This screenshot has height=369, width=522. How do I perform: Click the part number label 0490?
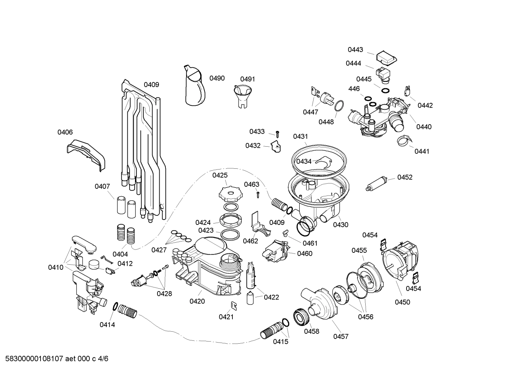click(x=217, y=78)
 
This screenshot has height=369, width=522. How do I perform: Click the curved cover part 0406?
click(x=87, y=154)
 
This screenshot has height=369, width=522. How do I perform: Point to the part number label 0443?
click(x=355, y=50)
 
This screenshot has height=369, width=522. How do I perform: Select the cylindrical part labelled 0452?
click(x=378, y=183)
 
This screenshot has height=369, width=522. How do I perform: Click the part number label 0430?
click(x=340, y=225)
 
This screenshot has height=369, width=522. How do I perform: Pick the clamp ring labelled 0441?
click(x=404, y=141)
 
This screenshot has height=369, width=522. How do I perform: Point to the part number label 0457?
click(x=341, y=336)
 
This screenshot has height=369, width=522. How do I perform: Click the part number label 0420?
click(x=197, y=301)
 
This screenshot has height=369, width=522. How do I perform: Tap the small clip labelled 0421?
click(x=234, y=306)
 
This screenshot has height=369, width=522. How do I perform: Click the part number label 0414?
click(x=107, y=325)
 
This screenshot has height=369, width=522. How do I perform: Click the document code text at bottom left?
click(x=54, y=359)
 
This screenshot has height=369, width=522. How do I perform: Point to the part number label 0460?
click(x=304, y=253)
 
